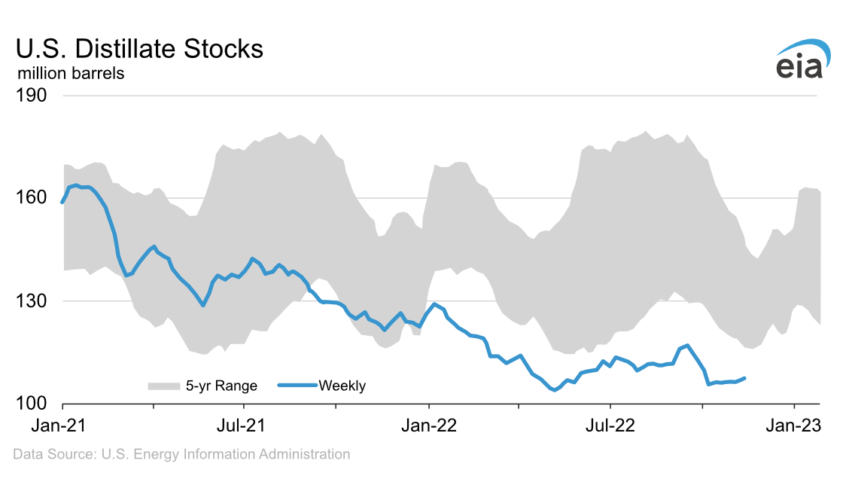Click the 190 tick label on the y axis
click(32, 96)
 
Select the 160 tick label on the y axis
click(32, 198)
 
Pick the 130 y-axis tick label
click(32, 301)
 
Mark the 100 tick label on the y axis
click(32, 404)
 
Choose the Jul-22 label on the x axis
click(610, 426)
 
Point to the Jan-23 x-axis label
click(794, 426)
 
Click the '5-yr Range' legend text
click(222, 386)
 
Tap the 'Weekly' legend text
click(342, 386)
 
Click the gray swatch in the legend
click(163, 386)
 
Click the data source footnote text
click(181, 454)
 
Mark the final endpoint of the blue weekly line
click(744, 378)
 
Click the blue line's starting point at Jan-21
click(62, 202)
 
